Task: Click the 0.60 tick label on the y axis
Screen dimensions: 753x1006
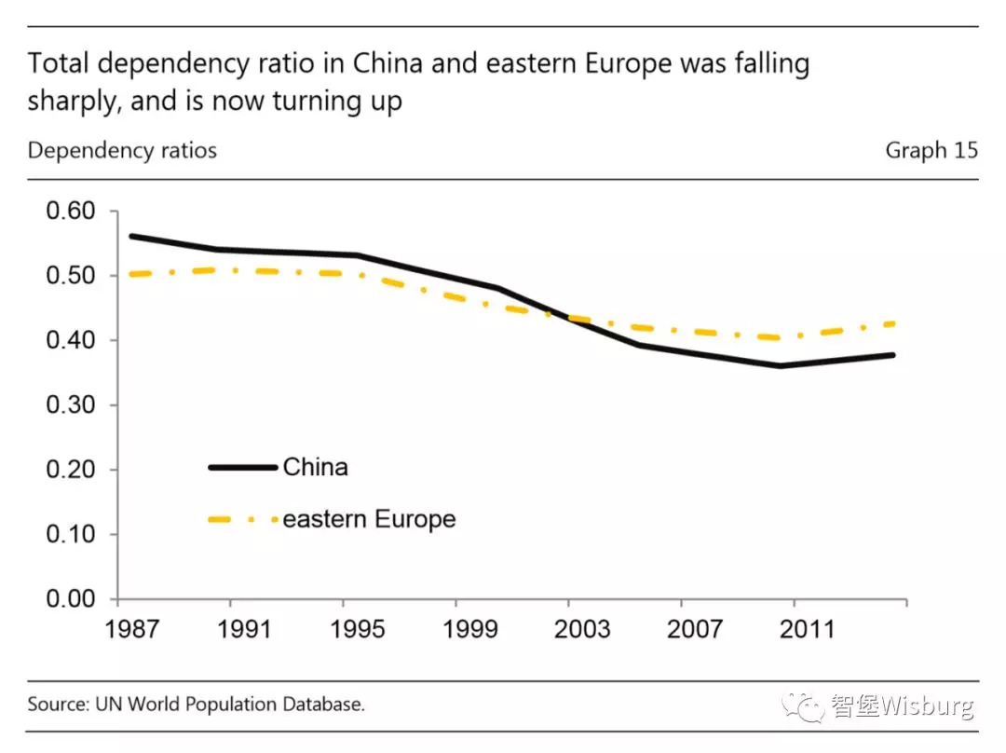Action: [x=71, y=211]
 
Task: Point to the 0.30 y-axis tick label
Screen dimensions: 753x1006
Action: [x=71, y=404]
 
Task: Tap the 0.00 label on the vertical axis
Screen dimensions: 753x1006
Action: [x=71, y=598]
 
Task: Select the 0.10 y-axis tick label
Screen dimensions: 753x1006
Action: [x=71, y=534]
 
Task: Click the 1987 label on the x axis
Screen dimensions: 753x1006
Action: [x=131, y=629]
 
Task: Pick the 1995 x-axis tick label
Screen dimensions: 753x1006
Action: [x=358, y=629]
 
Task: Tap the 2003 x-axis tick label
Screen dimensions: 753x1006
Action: [x=582, y=629]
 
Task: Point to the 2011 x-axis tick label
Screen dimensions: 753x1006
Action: [x=807, y=629]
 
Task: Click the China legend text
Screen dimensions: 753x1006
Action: [x=315, y=467]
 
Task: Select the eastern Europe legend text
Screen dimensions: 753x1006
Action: [x=369, y=519]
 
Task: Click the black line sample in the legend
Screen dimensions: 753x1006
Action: [x=242, y=467]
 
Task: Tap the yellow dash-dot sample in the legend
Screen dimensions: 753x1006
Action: [x=242, y=519]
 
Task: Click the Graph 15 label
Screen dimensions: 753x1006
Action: [x=931, y=150]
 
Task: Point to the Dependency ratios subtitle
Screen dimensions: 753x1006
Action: [x=122, y=150]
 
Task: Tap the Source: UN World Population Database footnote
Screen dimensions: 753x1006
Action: [x=196, y=705]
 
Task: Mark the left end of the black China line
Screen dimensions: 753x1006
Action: [x=131, y=236]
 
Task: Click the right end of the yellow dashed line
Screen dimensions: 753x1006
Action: [x=894, y=323]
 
